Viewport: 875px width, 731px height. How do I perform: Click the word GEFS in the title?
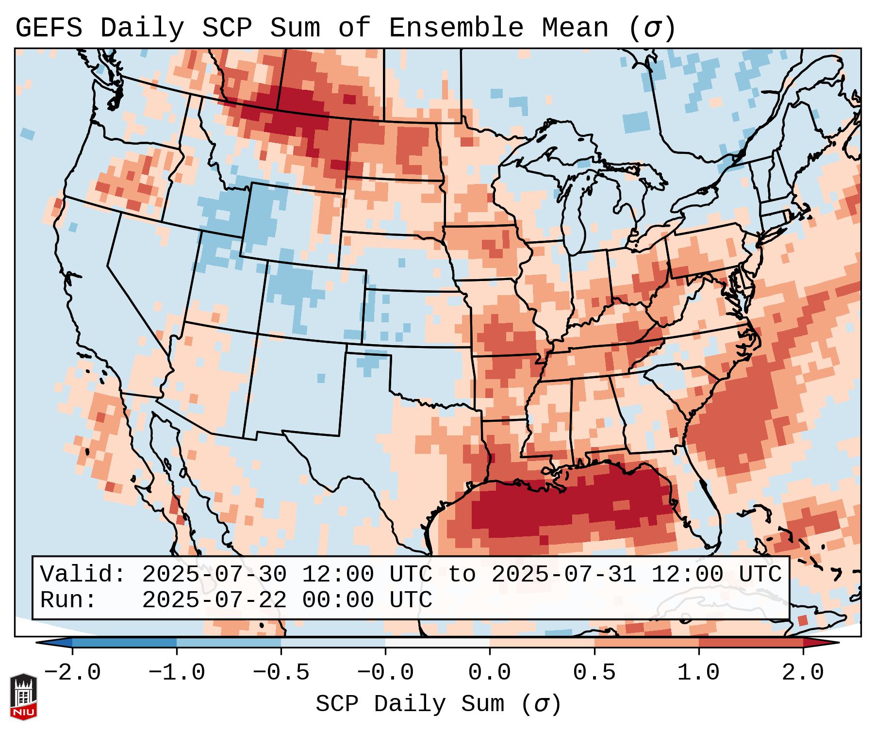[x=49, y=28]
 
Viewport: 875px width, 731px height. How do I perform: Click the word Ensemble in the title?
[x=456, y=28]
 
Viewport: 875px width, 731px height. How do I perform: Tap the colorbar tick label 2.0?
[x=803, y=673]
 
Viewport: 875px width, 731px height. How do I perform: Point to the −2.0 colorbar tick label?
[x=72, y=673]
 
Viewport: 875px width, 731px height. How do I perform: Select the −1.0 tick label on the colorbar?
[x=177, y=673]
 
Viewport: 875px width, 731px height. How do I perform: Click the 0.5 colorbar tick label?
[x=594, y=673]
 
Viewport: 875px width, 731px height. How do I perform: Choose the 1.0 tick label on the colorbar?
[x=698, y=673]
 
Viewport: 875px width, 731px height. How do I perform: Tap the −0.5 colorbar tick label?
[x=281, y=673]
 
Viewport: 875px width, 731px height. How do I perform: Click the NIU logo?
[x=23, y=697]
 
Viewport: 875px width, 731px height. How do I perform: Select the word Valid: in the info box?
[x=83, y=575]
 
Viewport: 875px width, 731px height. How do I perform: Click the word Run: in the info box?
[x=68, y=600]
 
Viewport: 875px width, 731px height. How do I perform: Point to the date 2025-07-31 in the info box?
[x=563, y=575]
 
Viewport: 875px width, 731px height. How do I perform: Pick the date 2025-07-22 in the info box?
[x=214, y=600]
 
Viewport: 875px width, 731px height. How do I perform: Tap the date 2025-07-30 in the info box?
[x=214, y=575]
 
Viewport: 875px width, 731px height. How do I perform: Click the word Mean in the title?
[x=575, y=28]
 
